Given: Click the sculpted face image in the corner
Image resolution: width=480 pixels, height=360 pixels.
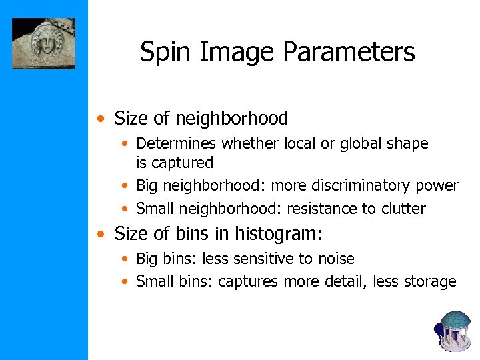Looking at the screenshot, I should point(43,43).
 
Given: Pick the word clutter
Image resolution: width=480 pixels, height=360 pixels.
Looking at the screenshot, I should point(403,209).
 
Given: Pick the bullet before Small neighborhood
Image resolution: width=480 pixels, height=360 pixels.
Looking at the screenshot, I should point(125,209).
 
